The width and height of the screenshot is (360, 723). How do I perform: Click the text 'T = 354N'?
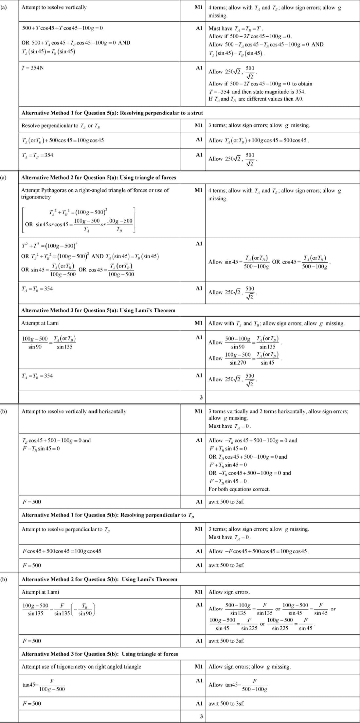click(x=33, y=68)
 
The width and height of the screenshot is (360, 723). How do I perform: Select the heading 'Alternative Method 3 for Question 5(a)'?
click(x=98, y=310)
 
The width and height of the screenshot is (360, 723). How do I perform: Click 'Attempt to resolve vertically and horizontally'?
click(x=74, y=411)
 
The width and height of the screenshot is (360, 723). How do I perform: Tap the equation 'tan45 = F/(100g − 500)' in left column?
click(x=44, y=685)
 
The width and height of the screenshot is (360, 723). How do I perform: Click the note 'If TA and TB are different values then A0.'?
click(x=256, y=99)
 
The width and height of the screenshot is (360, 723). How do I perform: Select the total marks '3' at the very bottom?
click(x=201, y=716)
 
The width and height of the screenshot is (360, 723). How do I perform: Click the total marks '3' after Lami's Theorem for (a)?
click(x=201, y=398)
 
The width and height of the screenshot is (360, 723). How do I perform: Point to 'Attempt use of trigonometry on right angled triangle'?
click(x=81, y=666)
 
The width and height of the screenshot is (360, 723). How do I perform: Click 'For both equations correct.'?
click(x=239, y=489)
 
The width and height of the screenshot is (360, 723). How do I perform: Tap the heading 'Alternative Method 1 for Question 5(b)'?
click(x=108, y=515)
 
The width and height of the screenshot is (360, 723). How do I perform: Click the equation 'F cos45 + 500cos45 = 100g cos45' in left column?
click(x=62, y=551)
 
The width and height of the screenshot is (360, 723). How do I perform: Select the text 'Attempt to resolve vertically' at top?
click(x=54, y=7)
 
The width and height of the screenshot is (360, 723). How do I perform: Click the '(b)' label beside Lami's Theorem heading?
click(x=4, y=579)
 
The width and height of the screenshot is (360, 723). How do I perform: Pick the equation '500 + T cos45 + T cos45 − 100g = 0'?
click(x=62, y=28)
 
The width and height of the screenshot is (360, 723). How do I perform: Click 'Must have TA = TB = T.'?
click(x=236, y=28)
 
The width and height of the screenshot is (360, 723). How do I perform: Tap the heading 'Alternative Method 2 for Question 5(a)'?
click(x=99, y=177)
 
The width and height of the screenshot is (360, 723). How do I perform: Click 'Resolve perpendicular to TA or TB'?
click(x=61, y=126)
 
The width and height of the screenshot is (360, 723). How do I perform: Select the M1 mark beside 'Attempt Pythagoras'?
click(x=198, y=190)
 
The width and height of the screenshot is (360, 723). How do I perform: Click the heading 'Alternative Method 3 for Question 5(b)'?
click(x=100, y=654)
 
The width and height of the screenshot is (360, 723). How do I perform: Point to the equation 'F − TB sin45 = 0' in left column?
click(x=41, y=449)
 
